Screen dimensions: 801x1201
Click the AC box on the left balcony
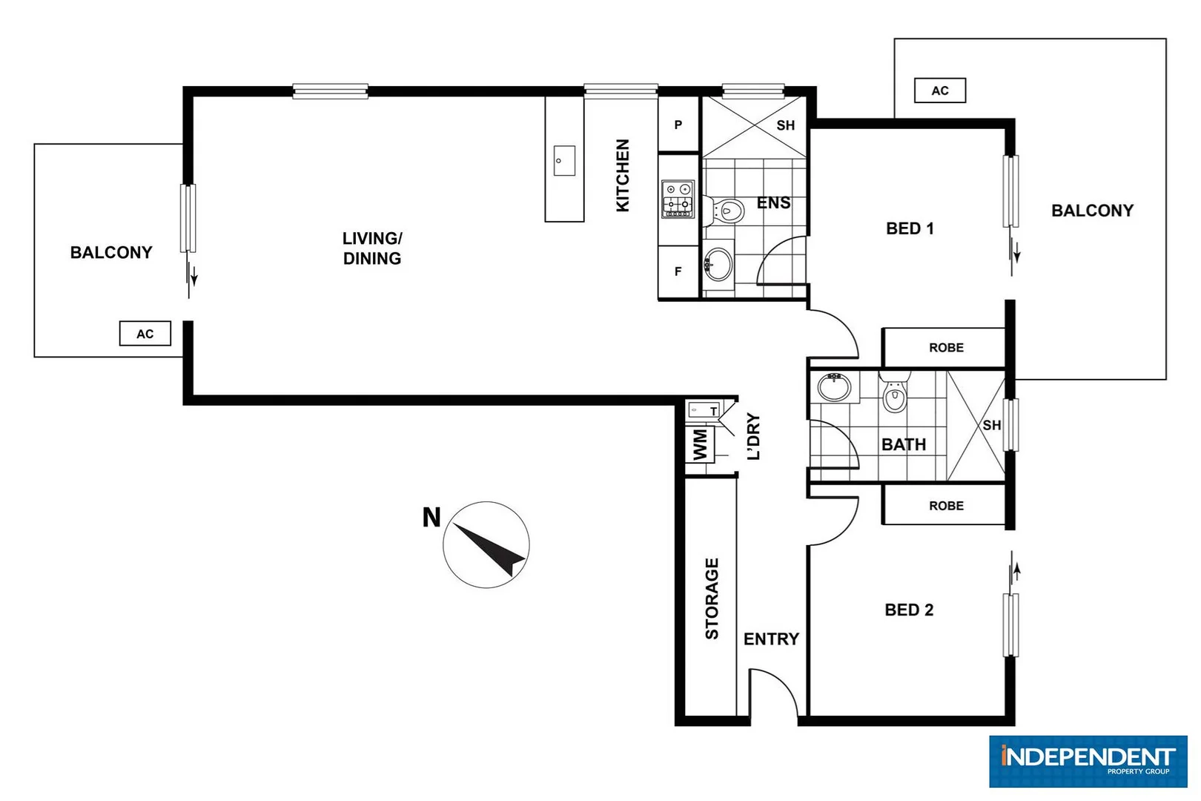coord(145,334)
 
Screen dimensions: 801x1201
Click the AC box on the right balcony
coord(939,90)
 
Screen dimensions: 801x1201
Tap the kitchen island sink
coord(564,161)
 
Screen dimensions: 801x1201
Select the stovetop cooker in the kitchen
coord(678,199)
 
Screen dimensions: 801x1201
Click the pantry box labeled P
coord(678,125)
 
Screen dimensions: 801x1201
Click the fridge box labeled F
coord(678,272)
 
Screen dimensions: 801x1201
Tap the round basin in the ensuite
coord(717,263)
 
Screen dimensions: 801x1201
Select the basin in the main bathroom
coord(834,387)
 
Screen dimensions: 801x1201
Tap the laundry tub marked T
coord(704,410)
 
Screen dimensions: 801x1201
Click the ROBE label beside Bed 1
coord(946,348)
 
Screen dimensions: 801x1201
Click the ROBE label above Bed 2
coord(946,506)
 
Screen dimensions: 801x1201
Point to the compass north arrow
coord(486,545)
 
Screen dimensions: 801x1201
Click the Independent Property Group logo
coord(1088,761)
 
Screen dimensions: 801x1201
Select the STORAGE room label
coord(712,599)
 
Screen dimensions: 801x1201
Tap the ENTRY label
coord(771,639)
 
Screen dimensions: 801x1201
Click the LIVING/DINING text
coord(372,248)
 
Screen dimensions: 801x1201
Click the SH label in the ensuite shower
coord(785,125)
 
